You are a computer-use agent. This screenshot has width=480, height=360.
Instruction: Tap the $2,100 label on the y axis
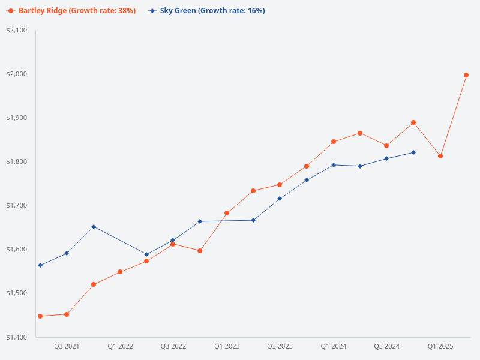[x=17, y=30]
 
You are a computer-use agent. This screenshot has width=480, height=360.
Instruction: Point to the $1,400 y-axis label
[x=17, y=337]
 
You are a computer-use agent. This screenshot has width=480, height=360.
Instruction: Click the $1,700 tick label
[x=17, y=205]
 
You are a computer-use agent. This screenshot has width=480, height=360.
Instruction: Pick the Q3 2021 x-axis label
[x=67, y=347]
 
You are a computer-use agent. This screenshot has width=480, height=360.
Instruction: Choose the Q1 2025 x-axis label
[x=440, y=347]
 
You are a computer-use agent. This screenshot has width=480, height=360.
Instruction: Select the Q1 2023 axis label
[x=227, y=347]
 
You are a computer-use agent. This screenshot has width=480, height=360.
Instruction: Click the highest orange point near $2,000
[x=466, y=75]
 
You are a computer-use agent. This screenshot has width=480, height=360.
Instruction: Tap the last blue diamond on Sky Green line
[x=413, y=152]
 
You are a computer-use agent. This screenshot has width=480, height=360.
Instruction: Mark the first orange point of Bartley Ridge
[x=40, y=316]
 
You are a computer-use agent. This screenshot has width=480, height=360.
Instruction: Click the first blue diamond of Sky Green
[x=40, y=265]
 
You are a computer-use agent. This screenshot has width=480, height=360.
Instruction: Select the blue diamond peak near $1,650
[x=94, y=227]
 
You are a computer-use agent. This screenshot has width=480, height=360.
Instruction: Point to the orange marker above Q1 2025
[x=440, y=156]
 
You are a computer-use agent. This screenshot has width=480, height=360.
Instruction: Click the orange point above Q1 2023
[x=227, y=213]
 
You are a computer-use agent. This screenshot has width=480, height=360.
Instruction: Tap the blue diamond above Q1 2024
[x=334, y=165]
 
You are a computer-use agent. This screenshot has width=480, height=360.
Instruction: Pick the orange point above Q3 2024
[x=386, y=146]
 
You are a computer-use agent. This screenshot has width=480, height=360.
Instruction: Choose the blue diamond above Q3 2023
[x=280, y=199]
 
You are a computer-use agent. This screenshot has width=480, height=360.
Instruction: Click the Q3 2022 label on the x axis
[x=173, y=347]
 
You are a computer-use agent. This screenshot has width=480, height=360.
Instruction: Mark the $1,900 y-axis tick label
[x=17, y=118]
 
